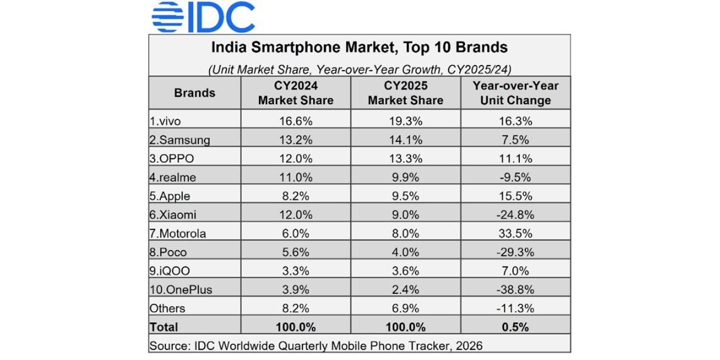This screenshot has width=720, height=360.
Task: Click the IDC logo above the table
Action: [x=203, y=17]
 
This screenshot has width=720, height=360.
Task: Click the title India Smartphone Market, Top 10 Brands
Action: [x=359, y=47]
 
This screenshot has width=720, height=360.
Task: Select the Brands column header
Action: [x=195, y=93]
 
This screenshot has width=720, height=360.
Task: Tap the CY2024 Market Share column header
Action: [x=296, y=93]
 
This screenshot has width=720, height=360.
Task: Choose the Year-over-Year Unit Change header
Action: [x=515, y=93]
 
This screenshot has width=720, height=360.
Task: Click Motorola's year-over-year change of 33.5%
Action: [x=515, y=233]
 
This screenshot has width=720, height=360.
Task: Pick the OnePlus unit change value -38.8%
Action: [x=515, y=289]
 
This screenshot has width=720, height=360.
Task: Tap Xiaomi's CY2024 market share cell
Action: [x=296, y=215]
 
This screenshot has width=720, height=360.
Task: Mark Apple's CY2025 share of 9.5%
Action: [x=405, y=196]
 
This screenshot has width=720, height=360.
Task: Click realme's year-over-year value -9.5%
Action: [x=515, y=177]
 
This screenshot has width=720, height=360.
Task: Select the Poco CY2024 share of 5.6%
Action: [x=296, y=252]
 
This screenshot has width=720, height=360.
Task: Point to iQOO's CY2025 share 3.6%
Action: [x=405, y=271]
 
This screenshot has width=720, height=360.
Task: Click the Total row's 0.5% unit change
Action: [x=515, y=327]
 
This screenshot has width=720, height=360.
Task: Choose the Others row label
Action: [x=167, y=308]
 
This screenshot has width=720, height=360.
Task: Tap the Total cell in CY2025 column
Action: [x=405, y=327]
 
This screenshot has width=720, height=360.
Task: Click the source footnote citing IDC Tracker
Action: [x=316, y=345]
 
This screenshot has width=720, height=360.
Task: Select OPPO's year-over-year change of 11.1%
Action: [x=515, y=158]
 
